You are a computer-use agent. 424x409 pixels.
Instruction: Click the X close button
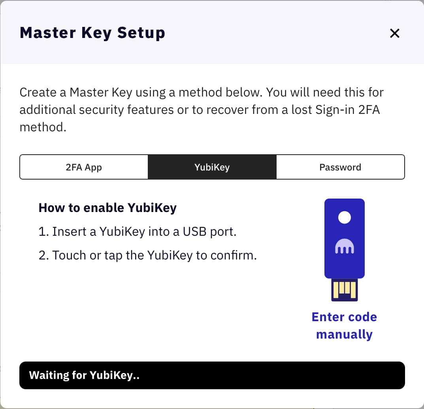(395, 33)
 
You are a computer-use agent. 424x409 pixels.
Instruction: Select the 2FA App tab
(84, 167)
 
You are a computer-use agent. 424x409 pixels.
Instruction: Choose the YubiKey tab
(212, 167)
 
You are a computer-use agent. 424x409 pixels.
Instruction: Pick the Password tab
(340, 167)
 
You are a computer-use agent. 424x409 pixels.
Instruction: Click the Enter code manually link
(344, 326)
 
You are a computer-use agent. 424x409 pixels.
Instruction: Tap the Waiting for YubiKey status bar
(212, 375)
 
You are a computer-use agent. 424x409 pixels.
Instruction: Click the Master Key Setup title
(92, 33)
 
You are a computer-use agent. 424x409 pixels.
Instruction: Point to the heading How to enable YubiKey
(107, 208)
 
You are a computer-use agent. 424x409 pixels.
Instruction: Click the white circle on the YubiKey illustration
(345, 217)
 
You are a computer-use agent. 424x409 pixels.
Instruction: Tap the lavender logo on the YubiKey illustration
(345, 247)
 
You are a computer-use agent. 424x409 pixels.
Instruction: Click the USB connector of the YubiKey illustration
(345, 290)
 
